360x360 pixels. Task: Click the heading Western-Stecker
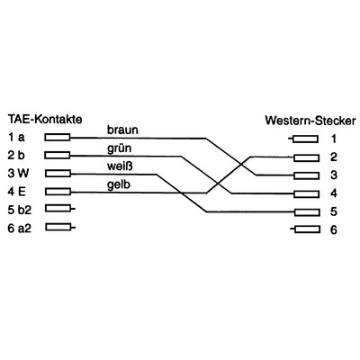pyautogui.click(x=310, y=120)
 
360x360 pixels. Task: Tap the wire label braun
pyautogui.click(x=122, y=130)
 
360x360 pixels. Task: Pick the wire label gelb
pyautogui.click(x=119, y=184)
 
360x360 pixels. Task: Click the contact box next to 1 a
pyautogui.click(x=57, y=138)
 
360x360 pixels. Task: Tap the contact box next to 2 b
pyautogui.click(x=57, y=156)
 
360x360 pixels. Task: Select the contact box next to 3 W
pyautogui.click(x=57, y=173)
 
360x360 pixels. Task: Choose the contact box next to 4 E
pyautogui.click(x=57, y=191)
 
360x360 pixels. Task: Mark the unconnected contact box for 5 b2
pyautogui.click(x=57, y=209)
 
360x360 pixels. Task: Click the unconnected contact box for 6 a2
pyautogui.click(x=57, y=227)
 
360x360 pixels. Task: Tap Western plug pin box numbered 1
pyautogui.click(x=305, y=139)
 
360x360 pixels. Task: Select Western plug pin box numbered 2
pyautogui.click(x=305, y=157)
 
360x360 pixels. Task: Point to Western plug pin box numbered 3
pyautogui.click(x=305, y=175)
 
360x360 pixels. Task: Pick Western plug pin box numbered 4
pyautogui.click(x=305, y=193)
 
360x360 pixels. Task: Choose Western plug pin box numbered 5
pyautogui.click(x=305, y=211)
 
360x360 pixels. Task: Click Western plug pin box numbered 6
pyautogui.click(x=305, y=229)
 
